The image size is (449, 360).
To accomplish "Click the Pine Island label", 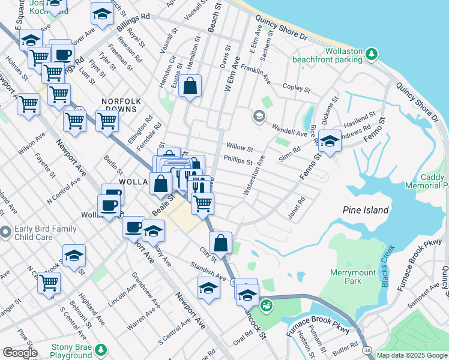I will [x=366, y=210].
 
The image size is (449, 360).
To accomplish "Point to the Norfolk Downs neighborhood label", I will [x=120, y=101].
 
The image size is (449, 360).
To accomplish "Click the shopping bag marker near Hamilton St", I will [x=190, y=86].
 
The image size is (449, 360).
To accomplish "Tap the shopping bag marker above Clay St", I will [x=221, y=243].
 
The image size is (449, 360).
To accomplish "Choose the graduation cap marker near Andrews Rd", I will [x=330, y=141].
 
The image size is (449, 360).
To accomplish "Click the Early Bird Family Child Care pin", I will [x=5, y=231].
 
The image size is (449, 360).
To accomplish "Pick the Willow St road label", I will [x=240, y=146].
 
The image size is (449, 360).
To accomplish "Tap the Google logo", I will [x=20, y=353].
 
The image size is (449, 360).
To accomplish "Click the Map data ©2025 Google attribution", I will [x=412, y=355].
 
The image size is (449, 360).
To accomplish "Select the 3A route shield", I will [x=366, y=350].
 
